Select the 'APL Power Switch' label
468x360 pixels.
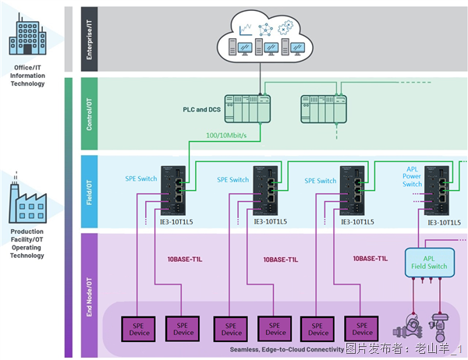pos(413,177)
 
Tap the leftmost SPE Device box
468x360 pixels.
pos(138,328)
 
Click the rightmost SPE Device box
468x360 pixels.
pos(360,328)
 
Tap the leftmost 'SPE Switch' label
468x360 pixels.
pos(141,180)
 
